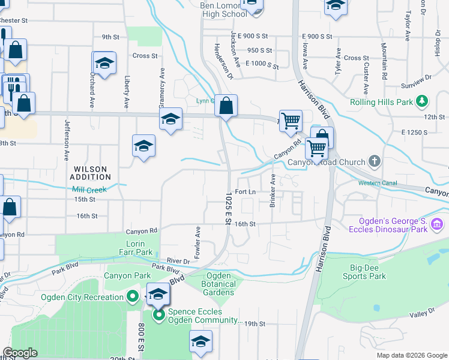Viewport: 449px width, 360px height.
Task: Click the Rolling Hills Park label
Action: pyautogui.click(x=382, y=102)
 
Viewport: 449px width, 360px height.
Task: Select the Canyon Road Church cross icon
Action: pyautogui.click(x=375, y=161)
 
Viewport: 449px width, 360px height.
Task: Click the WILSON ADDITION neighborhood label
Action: pyautogui.click(x=90, y=173)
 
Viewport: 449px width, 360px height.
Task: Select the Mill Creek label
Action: pyautogui.click(x=89, y=190)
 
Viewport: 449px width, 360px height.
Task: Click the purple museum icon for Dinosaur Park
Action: pyautogui.click(x=437, y=225)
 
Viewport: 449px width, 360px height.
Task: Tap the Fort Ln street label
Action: pyautogui.click(x=246, y=192)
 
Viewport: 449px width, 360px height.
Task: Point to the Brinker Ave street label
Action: pyautogui.click(x=273, y=190)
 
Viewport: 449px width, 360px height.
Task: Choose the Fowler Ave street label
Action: pyautogui.click(x=197, y=239)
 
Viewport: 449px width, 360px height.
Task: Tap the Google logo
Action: pyautogui.click(x=20, y=353)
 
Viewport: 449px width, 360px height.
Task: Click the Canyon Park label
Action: pyautogui.click(x=119, y=276)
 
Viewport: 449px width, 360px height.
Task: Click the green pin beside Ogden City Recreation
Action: pyautogui.click(x=133, y=296)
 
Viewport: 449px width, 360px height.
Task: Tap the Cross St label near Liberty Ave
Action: pyautogui.click(x=145, y=56)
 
